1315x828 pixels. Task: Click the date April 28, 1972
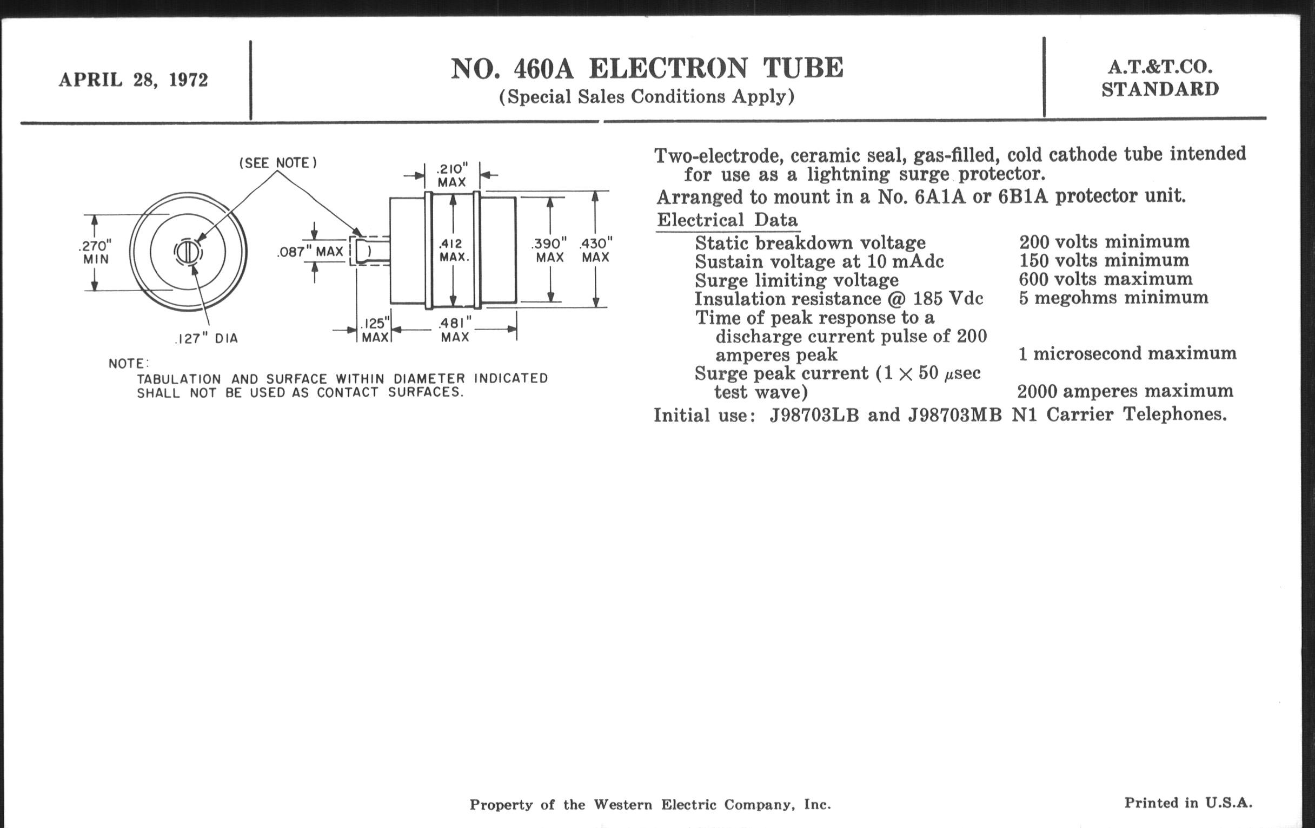tap(133, 80)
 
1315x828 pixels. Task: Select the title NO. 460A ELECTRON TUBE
tap(647, 69)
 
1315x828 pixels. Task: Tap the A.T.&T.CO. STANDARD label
tap(1160, 78)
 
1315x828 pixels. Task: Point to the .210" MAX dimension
tap(452, 175)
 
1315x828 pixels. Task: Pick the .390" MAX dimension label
tap(549, 250)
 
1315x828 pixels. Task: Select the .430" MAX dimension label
tap(596, 250)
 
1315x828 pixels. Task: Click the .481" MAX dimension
tap(454, 330)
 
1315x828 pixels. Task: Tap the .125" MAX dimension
tap(375, 330)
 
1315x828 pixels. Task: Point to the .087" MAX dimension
tap(310, 252)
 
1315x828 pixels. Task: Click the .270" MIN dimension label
tap(96, 252)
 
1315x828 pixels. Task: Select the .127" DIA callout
tap(207, 339)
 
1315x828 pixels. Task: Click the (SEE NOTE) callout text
tap(278, 163)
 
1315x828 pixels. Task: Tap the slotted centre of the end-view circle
tap(188, 253)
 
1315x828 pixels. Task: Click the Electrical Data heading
tap(727, 220)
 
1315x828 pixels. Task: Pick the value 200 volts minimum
tap(1104, 241)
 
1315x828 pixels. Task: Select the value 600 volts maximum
tap(1105, 279)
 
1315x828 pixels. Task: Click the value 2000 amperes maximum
tap(1125, 391)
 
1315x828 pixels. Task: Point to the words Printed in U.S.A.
tap(1188, 803)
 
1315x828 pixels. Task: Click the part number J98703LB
tap(814, 416)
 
